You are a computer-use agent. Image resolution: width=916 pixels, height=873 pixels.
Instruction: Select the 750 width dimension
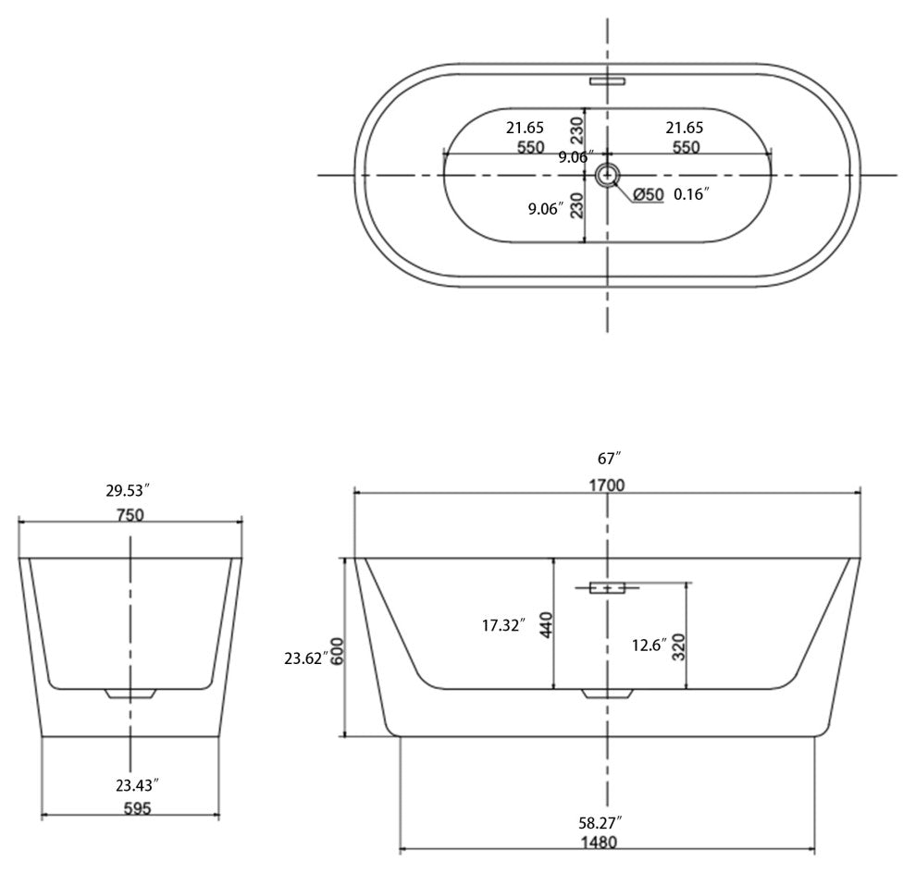(x=130, y=515)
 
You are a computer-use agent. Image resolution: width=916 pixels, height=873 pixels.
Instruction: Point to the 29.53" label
(x=130, y=489)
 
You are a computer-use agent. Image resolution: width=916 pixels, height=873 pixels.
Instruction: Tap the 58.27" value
(x=600, y=820)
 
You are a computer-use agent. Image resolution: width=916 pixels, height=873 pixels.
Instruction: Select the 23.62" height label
(x=303, y=658)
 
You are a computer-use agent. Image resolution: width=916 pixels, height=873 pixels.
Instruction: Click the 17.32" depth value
(x=504, y=626)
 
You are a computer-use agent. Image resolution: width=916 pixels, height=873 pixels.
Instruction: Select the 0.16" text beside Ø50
(x=691, y=194)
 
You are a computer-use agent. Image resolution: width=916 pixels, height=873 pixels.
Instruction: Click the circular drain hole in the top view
(x=608, y=174)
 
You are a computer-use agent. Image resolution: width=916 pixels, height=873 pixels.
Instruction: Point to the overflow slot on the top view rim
(x=608, y=80)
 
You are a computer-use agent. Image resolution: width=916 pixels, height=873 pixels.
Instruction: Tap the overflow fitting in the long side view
(x=607, y=586)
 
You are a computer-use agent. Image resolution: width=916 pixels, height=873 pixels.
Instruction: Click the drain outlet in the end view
(x=130, y=693)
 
